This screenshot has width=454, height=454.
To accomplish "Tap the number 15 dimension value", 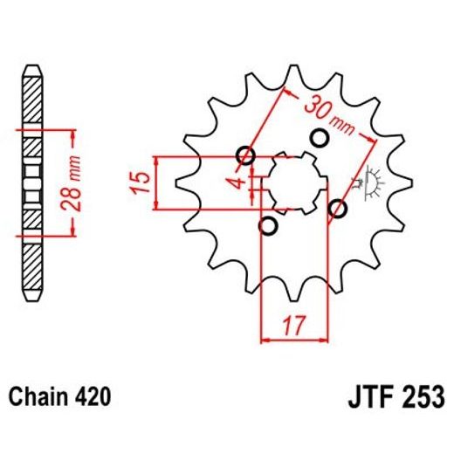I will pyautogui.click(x=136, y=182).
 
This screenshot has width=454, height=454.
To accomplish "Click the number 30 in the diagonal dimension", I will pyautogui.click(x=315, y=109).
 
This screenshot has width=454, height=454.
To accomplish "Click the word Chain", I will pyautogui.click(x=35, y=397).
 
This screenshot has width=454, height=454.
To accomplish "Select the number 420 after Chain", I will pyautogui.click(x=92, y=397).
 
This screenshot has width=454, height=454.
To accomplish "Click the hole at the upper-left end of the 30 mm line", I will pyautogui.click(x=246, y=157).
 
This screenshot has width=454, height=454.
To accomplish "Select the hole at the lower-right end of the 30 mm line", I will pyautogui.click(x=336, y=209).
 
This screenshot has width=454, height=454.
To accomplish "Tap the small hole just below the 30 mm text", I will pyautogui.click(x=318, y=138).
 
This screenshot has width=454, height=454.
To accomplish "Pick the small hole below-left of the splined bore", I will pyautogui.click(x=269, y=227).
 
